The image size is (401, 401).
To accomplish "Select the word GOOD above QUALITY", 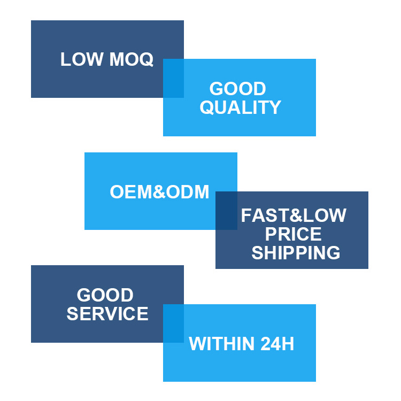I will [x=237, y=89].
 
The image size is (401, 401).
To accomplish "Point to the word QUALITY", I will [x=240, y=107].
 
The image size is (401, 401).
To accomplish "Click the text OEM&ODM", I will [x=159, y=192].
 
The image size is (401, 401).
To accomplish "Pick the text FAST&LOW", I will [x=294, y=215].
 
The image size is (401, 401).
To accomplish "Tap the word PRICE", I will [x=294, y=234].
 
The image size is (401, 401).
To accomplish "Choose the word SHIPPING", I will [x=296, y=252].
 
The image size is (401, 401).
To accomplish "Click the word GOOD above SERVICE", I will [x=105, y=295].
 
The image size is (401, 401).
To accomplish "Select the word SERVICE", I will [x=107, y=313].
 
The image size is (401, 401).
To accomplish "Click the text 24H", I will [x=277, y=344].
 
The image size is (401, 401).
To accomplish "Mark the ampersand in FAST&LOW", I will [x=294, y=215].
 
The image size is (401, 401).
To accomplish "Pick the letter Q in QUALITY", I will [x=206, y=107].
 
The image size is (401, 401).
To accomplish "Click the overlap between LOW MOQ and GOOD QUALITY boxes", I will [x=173, y=78].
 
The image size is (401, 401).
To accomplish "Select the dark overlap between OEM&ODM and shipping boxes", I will [x=226, y=210].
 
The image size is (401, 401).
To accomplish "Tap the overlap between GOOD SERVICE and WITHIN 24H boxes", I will [x=173, y=323].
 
